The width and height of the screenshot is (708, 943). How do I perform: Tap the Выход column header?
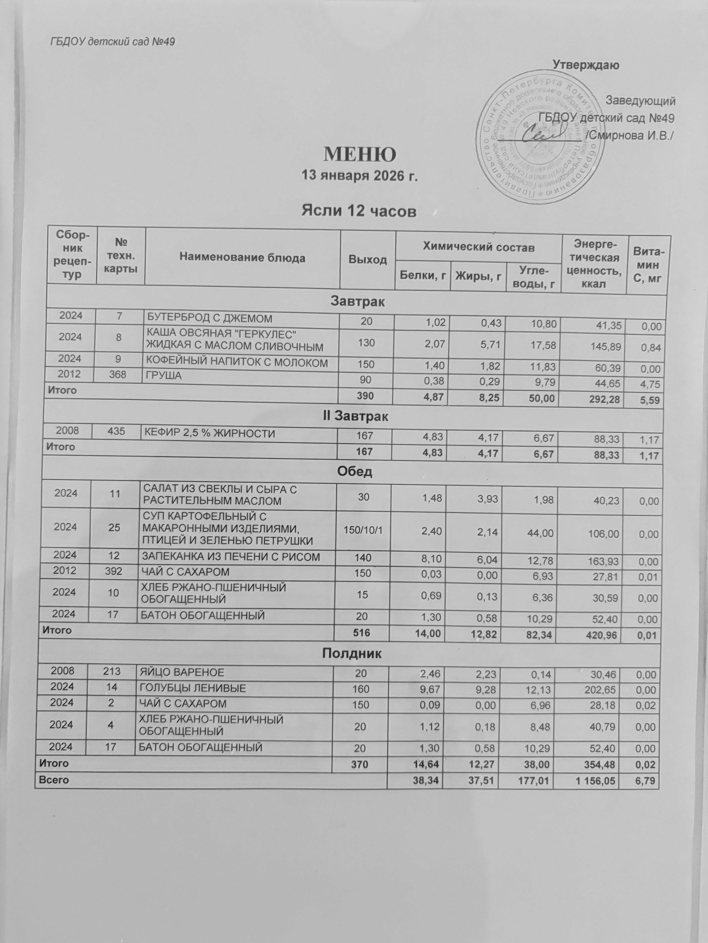tap(368, 259)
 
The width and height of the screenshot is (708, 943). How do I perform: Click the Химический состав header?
tap(478, 248)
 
